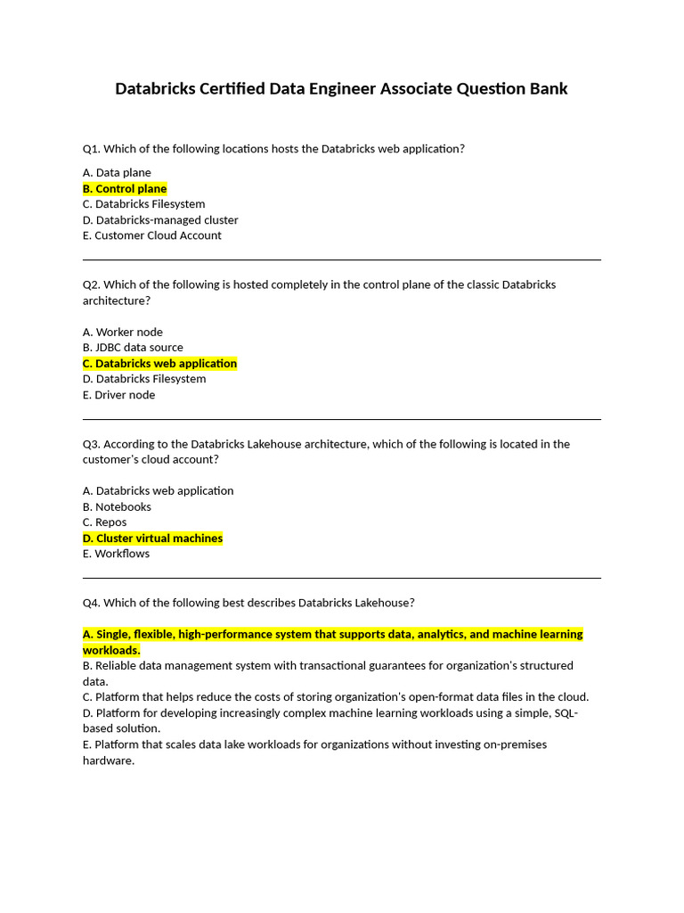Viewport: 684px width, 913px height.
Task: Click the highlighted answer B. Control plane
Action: (x=125, y=188)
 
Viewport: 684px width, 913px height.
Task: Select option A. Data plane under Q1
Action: (x=117, y=172)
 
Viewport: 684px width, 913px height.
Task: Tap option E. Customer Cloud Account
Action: (x=152, y=235)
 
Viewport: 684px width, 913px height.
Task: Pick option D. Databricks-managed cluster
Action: (x=160, y=219)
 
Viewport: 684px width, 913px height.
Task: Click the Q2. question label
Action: (x=91, y=284)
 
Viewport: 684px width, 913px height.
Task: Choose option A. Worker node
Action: (x=123, y=332)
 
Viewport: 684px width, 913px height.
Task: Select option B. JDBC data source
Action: (x=133, y=347)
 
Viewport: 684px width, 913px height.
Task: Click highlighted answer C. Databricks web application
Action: (x=160, y=363)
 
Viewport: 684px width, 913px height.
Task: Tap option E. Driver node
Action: (x=118, y=394)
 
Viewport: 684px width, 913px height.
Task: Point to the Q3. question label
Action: (x=91, y=443)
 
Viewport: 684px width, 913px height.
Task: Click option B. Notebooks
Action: (x=117, y=506)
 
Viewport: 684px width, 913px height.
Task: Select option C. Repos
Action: (x=104, y=522)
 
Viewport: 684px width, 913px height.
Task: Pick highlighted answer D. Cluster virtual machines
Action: (x=152, y=538)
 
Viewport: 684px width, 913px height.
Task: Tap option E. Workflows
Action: (x=116, y=554)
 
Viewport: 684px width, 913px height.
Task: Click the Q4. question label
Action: (x=91, y=603)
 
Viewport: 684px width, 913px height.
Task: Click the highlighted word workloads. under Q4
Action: (x=111, y=650)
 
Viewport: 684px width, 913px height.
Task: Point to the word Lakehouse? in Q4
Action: (x=383, y=603)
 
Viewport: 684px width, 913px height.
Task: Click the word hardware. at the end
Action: (x=108, y=761)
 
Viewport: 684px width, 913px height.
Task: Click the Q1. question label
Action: (x=91, y=149)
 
